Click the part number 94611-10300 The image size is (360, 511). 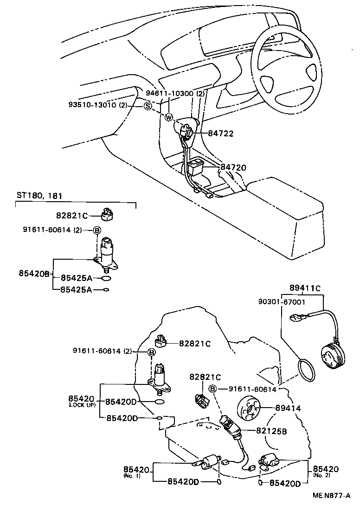169,93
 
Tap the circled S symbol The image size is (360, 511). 148,106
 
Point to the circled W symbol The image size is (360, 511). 168,117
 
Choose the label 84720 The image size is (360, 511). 233,167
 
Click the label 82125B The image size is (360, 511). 271,431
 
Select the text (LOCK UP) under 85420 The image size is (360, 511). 82,405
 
